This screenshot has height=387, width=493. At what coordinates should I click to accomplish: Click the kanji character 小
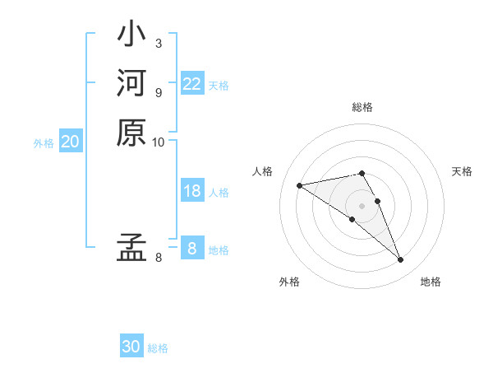pyautogui.click(x=131, y=35)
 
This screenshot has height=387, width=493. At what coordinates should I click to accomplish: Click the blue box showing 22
pyautogui.click(x=192, y=84)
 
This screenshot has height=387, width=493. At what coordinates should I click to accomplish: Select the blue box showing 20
pyautogui.click(x=71, y=142)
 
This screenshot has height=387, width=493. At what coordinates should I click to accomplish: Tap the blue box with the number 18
pyautogui.click(x=192, y=191)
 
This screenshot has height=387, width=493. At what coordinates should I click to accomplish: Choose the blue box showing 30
pyautogui.click(x=131, y=347)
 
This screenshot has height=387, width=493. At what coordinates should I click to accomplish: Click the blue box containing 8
pyautogui.click(x=192, y=248)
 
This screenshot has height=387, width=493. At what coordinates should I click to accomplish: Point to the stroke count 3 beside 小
pyautogui.click(x=159, y=43)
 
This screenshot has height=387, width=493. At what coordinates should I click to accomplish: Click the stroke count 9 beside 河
pyautogui.click(x=159, y=92)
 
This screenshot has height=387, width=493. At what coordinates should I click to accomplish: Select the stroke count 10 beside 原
pyautogui.click(x=159, y=142)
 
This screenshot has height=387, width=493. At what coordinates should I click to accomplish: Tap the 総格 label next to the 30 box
pyautogui.click(x=158, y=348)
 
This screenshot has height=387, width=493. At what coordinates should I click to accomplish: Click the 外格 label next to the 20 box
pyautogui.click(x=44, y=142)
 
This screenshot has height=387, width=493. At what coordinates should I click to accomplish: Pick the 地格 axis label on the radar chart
pyautogui.click(x=431, y=282)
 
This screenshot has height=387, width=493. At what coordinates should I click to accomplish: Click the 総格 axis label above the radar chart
pyautogui.click(x=362, y=107)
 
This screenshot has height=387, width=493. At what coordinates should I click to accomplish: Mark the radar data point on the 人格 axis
pyautogui.click(x=300, y=185)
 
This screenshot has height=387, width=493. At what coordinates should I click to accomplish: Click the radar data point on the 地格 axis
pyautogui.click(x=401, y=260)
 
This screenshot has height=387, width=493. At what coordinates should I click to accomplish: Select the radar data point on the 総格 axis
pyautogui.click(x=362, y=173)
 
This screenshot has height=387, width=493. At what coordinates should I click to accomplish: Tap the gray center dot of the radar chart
pyautogui.click(x=362, y=205)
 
